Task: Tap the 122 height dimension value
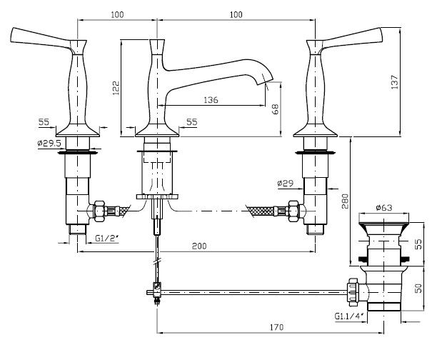click(116, 86)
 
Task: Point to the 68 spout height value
click(275, 110)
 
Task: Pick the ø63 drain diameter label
click(385, 209)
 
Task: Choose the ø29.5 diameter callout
click(49, 144)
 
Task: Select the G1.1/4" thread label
click(347, 315)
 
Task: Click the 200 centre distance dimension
click(199, 246)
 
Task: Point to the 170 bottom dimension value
click(276, 327)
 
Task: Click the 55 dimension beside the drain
click(418, 244)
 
